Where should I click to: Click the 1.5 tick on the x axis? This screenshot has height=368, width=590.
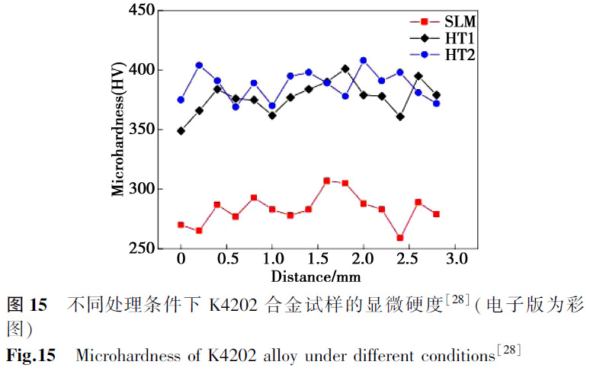[318, 261]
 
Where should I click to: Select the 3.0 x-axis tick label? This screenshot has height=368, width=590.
[455, 261]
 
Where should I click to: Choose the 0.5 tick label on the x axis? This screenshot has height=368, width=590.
[226, 261]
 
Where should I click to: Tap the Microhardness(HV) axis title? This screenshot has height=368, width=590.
[118, 130]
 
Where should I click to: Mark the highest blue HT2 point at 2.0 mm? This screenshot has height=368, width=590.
[363, 60]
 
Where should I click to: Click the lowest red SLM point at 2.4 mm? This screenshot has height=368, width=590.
[400, 238]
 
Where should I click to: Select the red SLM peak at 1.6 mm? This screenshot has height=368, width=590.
[326, 181]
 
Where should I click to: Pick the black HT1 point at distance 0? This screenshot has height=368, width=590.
[181, 131]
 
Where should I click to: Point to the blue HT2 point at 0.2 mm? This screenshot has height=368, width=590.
[199, 66]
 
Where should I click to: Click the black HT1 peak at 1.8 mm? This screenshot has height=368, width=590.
[345, 69]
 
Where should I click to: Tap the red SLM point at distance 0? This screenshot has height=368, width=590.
[181, 225]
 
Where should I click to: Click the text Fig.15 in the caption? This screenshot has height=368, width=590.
[31, 355]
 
